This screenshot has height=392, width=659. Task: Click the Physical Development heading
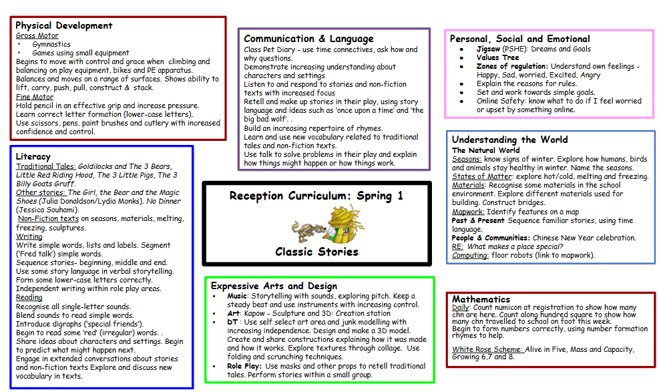tap(64, 25)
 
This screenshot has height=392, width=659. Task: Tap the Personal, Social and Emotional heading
tap(519, 39)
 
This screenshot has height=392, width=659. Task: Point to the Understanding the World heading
tap(509, 140)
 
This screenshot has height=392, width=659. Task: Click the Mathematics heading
tap(481, 299)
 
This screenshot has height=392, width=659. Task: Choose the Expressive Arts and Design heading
tap(274, 286)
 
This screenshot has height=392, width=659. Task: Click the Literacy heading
tap(33, 156)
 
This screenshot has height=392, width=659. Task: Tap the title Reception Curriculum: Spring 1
tap(316, 196)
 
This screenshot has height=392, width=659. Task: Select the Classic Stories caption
tap(316, 252)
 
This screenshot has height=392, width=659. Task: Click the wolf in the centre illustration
tap(308, 230)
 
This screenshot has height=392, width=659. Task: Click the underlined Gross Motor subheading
tap(37, 35)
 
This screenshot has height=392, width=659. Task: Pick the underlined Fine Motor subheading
tap(35, 97)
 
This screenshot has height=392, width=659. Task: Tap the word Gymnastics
tap(51, 44)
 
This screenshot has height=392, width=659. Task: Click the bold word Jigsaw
tap(488, 49)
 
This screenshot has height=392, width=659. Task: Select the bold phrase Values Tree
tap(497, 58)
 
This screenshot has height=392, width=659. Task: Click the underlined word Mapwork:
tap(467, 212)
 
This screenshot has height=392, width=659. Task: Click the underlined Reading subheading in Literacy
tap(29, 297)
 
